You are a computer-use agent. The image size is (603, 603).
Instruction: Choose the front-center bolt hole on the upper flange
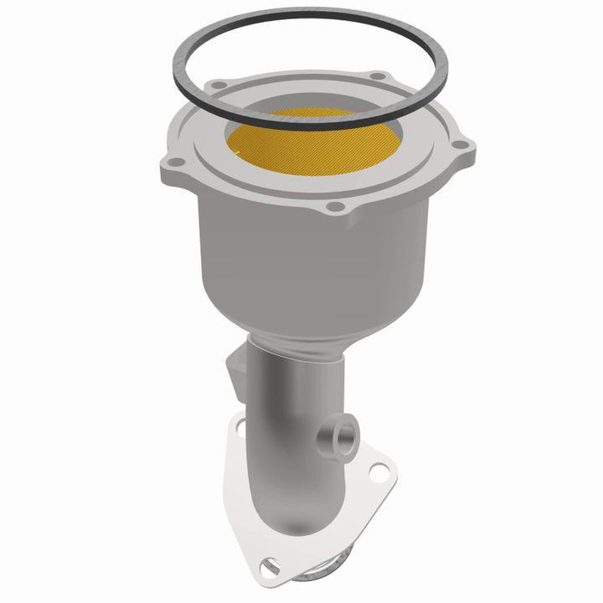point(334,206)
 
